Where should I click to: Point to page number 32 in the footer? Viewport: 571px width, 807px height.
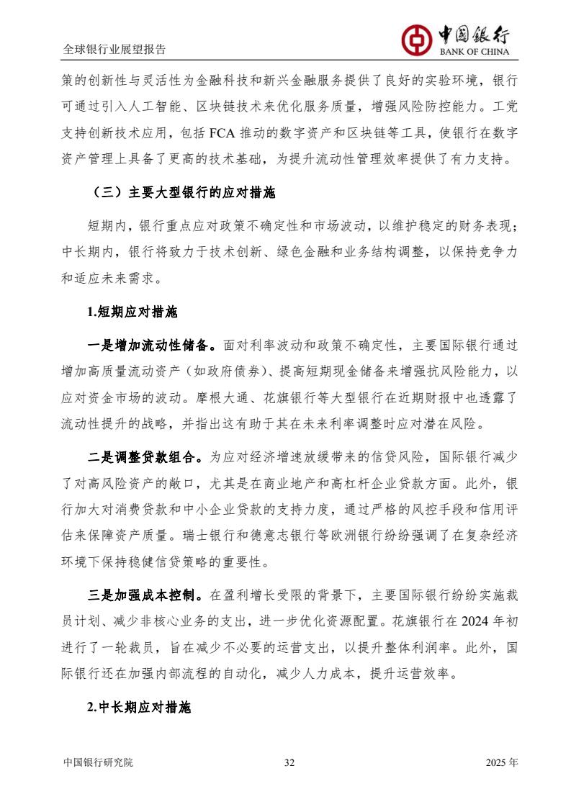click(x=289, y=762)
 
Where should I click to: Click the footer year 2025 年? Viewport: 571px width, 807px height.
click(x=501, y=762)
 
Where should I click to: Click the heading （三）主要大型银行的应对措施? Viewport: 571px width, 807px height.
click(x=184, y=194)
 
